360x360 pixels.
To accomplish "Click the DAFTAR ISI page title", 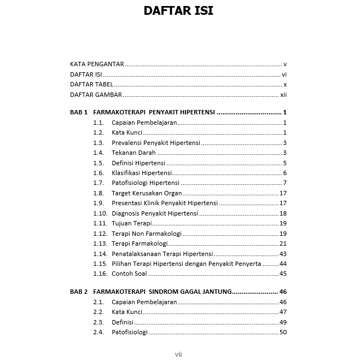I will click(178, 11).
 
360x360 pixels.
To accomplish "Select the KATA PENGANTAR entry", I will click(97, 64).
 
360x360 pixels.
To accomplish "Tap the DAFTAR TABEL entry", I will click(91, 84).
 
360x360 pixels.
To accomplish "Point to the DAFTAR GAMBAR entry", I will click(96, 95).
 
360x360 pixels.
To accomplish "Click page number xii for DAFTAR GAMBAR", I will click(283, 95).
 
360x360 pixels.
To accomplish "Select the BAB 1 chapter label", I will click(79, 112).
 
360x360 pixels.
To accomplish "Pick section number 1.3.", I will click(98, 143).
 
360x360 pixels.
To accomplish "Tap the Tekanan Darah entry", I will click(133, 153).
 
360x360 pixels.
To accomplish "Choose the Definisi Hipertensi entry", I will click(138, 163).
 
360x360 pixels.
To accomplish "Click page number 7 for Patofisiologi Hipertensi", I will click(285, 183).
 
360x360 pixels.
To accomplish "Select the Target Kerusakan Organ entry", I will click(147, 193).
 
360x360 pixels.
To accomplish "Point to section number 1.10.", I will click(100, 213).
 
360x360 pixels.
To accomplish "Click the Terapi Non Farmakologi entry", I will click(147, 234).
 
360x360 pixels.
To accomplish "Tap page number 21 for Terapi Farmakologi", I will click(283, 243).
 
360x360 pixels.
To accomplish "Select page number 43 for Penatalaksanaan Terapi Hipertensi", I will click(283, 254).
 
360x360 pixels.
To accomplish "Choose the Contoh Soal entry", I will click(129, 274).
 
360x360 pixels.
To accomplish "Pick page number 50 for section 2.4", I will click(283, 332).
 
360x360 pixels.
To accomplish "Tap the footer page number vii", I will click(178, 355).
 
